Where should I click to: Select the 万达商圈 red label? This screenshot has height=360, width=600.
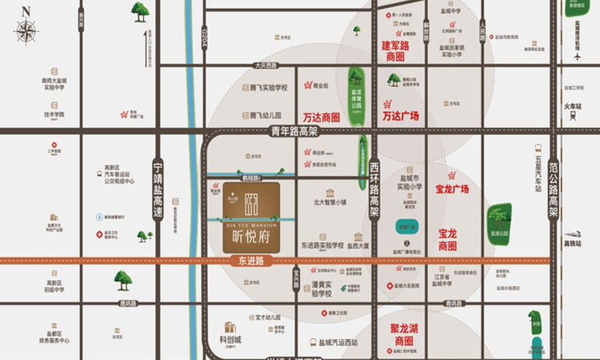pos(322,116)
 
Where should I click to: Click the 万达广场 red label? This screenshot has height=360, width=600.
pos(401,115)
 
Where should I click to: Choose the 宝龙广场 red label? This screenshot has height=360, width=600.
pos(452,190)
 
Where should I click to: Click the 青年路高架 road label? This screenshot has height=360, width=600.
pos(294,132)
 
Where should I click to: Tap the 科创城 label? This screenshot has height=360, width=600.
pos(230,339)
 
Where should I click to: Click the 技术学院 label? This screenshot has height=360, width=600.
pos(54,114)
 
